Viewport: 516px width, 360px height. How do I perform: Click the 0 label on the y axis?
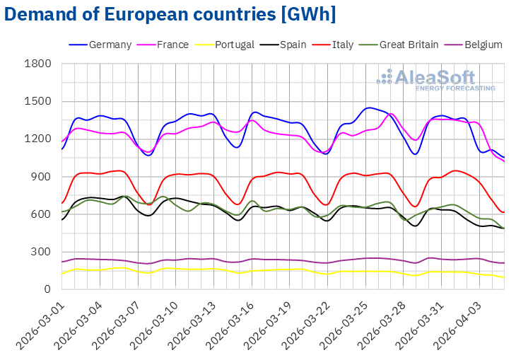[47, 289]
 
